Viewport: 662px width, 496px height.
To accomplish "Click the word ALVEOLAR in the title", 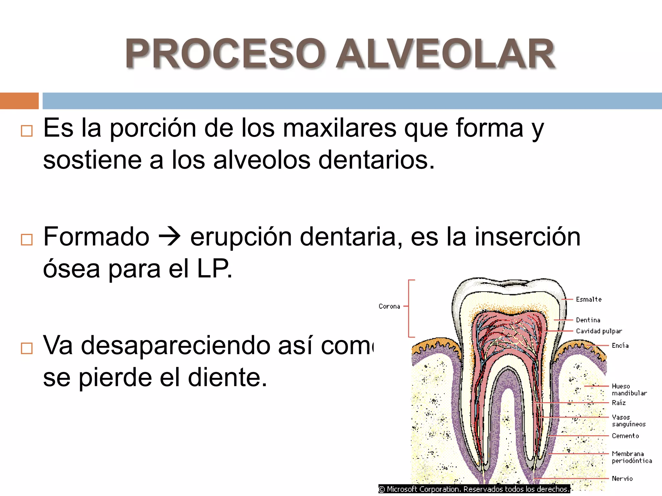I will pyautogui.click(x=445, y=54).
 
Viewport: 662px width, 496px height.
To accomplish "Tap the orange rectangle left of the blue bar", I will pyautogui.click(x=19, y=101).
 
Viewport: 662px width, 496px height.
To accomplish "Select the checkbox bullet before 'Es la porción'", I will pyautogui.click(x=27, y=131).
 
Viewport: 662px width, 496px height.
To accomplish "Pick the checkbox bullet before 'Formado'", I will pyautogui.click(x=27, y=240).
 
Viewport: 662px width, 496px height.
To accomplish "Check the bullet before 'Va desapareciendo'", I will pyautogui.click(x=27, y=348).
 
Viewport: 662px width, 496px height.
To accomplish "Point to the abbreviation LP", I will pyautogui.click(x=214, y=269).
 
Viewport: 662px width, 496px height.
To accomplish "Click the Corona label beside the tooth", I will pyautogui.click(x=389, y=306).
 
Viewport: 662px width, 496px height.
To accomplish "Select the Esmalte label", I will pyautogui.click(x=589, y=299).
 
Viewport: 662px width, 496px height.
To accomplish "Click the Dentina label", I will pyautogui.click(x=588, y=320).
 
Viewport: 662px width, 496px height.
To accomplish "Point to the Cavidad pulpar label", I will pyautogui.click(x=599, y=331).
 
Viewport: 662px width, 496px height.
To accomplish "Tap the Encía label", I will pyautogui.click(x=620, y=346).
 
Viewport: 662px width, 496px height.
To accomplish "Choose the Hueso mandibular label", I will pyautogui.click(x=629, y=389).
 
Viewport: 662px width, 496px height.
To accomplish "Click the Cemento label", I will pyautogui.click(x=625, y=436).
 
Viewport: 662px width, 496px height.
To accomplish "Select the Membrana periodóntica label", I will pyautogui.click(x=631, y=457).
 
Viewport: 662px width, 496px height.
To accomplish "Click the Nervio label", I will pyautogui.click(x=622, y=479).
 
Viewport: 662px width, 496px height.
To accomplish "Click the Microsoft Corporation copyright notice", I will pyautogui.click(x=474, y=489).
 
